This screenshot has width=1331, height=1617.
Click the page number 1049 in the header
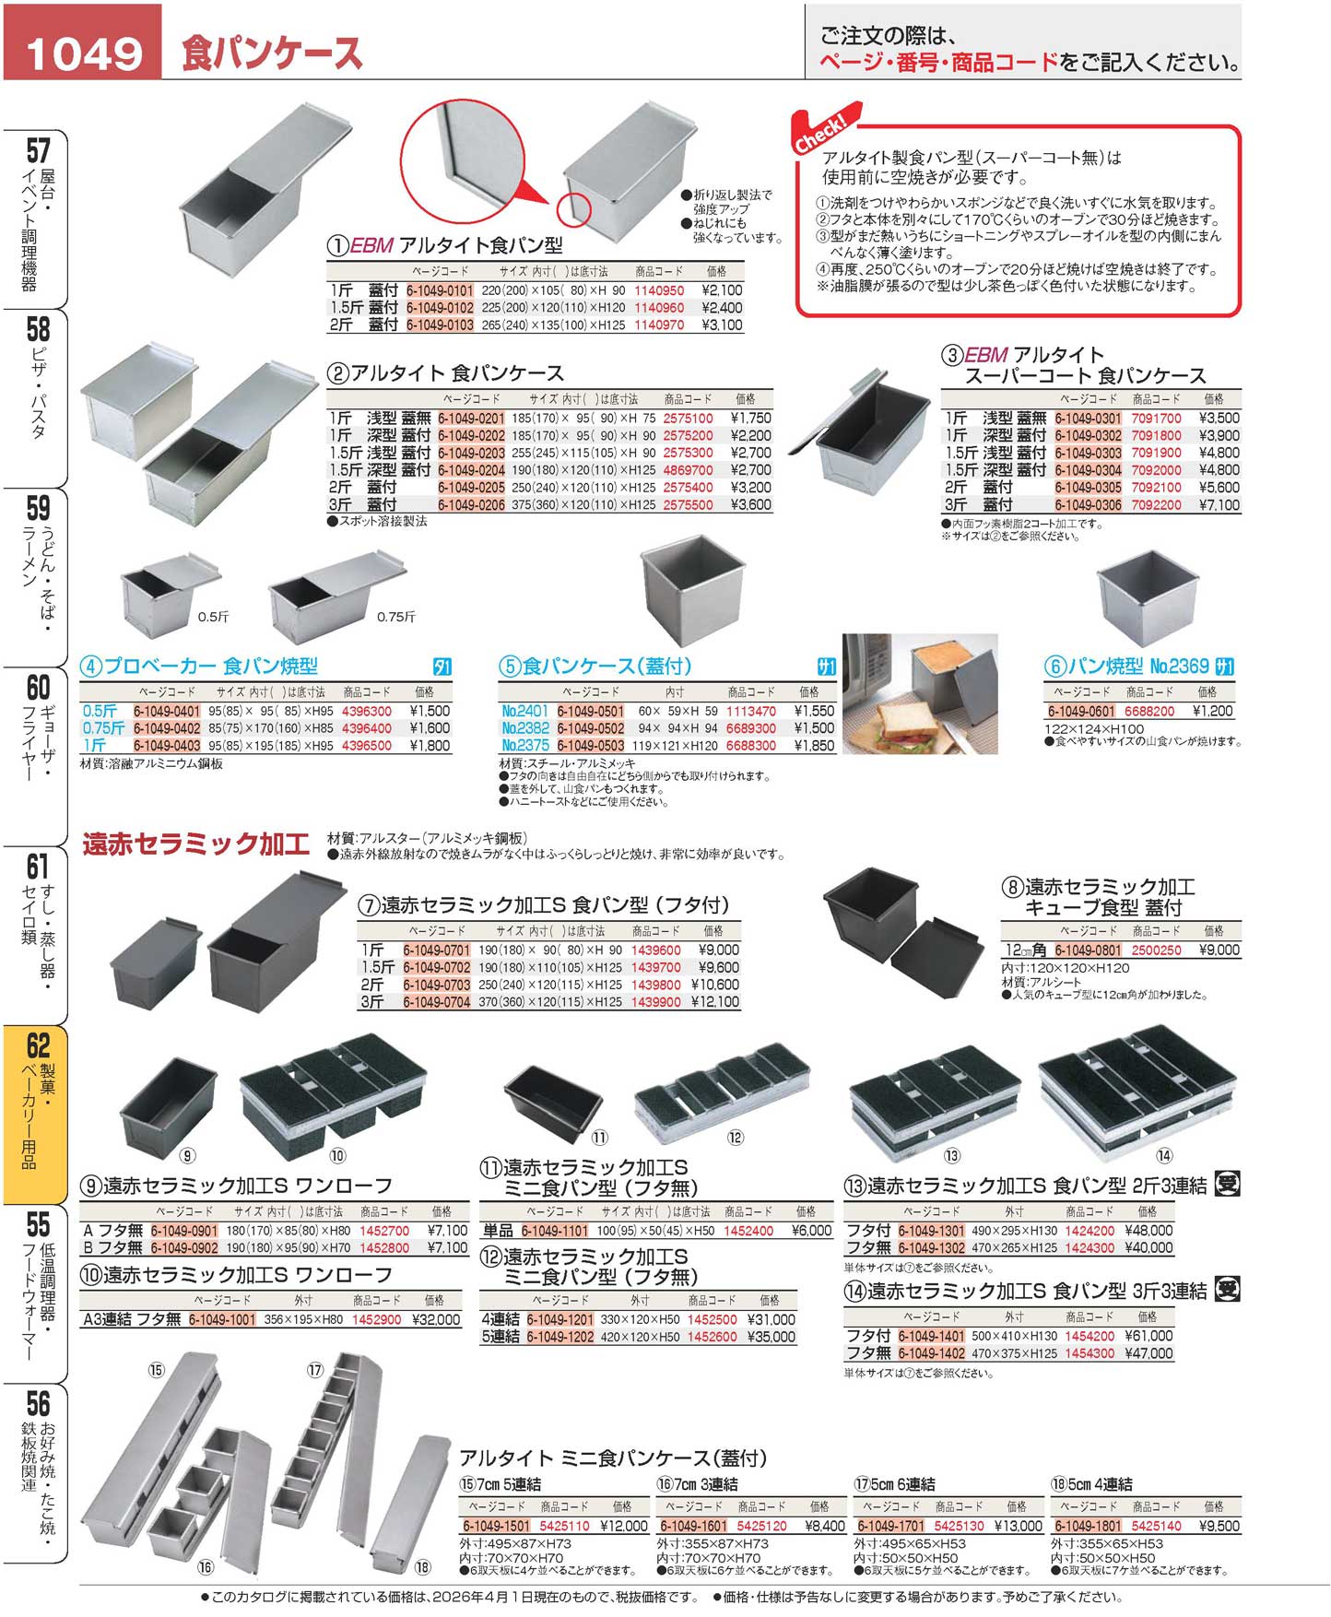pyautogui.click(x=84, y=53)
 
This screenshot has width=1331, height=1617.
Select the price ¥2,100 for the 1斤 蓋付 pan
pyautogui.click(x=721, y=290)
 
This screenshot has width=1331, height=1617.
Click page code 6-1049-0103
pyautogui.click(x=440, y=325)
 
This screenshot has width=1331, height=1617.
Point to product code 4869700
pyautogui.click(x=688, y=470)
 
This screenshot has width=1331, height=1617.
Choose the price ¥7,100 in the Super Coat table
pyautogui.click(x=1219, y=505)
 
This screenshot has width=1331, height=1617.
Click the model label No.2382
pyautogui.click(x=525, y=728)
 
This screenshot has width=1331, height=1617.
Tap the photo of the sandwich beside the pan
pyautogui.click(x=920, y=693)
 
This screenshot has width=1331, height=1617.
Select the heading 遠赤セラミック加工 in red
pyautogui.click(x=195, y=844)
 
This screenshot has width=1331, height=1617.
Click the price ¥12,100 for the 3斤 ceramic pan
pyautogui.click(x=714, y=1002)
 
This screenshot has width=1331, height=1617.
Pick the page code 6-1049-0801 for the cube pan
pyautogui.click(x=1089, y=950)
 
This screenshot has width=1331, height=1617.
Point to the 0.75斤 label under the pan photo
pyautogui.click(x=396, y=617)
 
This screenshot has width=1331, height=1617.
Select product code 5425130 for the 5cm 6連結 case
pyautogui.click(x=960, y=1526)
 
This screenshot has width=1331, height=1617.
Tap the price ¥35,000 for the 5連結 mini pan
pyautogui.click(x=771, y=1337)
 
